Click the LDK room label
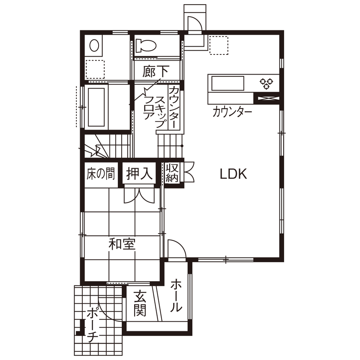232,174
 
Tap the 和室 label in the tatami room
122,244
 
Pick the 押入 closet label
139,174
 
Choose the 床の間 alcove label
100,174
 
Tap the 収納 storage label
172,173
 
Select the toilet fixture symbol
146,45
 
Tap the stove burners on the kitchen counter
265,83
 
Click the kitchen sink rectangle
228,83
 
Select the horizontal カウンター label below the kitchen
232,112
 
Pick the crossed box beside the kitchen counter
267,99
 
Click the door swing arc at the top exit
193,24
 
